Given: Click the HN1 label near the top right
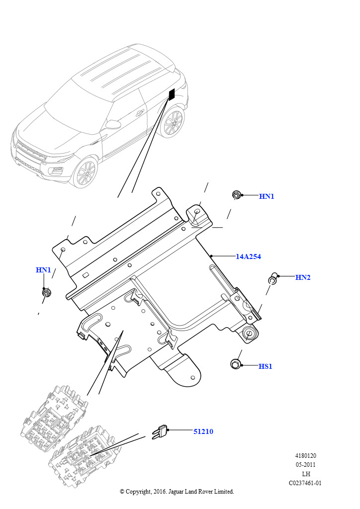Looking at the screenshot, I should [267, 196].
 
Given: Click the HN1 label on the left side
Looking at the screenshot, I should [43, 270].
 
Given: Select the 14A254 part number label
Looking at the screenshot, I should [248, 256].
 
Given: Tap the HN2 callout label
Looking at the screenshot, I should [303, 277].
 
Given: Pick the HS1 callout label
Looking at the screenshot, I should [266, 366].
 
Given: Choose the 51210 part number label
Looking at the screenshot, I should [203, 431].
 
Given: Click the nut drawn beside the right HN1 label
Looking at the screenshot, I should [237, 195].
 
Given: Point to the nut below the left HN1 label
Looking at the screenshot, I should [47, 292].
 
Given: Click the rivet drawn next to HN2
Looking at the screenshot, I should [272, 278].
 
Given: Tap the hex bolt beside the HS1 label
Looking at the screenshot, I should [236, 364].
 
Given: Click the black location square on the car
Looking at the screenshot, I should [172, 94].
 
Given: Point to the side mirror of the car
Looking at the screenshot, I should [113, 124].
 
